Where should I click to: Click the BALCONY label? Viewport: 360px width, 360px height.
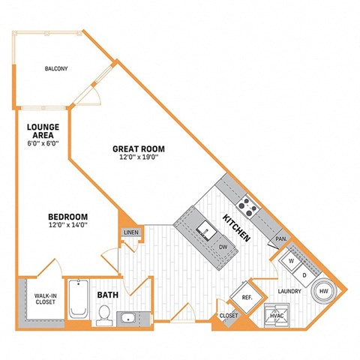click(55, 69)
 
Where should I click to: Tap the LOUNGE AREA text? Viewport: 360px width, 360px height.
click(37, 131)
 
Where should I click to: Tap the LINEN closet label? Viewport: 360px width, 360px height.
click(130, 233)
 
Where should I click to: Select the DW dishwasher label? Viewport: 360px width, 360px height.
click(223, 247)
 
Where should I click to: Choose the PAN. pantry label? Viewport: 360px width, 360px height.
click(282, 238)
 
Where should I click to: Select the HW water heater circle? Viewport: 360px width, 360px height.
click(325, 290)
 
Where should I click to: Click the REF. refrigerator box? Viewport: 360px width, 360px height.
click(246, 298)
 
